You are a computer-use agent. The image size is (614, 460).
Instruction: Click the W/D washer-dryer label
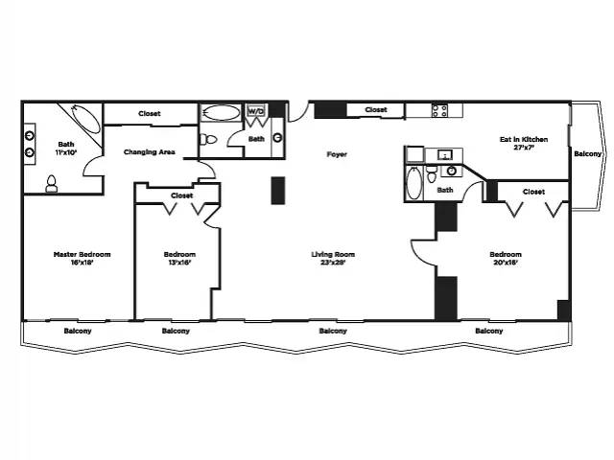click(256, 111)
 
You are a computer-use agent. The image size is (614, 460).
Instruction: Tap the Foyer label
click(337, 154)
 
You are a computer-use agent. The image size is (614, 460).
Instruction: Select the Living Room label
click(333, 254)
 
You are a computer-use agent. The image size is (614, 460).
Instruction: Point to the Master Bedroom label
click(82, 254)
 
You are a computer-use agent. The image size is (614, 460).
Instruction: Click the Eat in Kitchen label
click(524, 139)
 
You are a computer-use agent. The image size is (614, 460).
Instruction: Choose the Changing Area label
click(150, 152)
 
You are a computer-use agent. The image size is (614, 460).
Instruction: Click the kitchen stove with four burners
click(439, 110)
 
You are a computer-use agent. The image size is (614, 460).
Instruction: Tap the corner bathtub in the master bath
click(86, 119)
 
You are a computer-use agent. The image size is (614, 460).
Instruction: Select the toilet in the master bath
click(51, 184)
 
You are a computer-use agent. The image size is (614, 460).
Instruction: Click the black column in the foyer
click(278, 191)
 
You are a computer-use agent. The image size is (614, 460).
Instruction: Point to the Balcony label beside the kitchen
click(587, 153)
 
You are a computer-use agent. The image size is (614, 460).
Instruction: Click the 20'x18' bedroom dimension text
click(506, 263)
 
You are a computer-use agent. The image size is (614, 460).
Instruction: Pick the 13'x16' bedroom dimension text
click(179, 263)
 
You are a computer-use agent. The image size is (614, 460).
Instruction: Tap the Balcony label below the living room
click(333, 331)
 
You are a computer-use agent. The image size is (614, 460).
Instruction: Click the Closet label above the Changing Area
click(150, 113)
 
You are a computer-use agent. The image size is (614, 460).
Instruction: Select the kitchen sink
click(445, 155)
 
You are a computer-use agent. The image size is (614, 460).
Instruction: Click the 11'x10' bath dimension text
click(66, 152)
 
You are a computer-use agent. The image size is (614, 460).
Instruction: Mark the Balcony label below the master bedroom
click(78, 331)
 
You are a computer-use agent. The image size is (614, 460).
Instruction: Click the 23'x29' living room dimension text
click(333, 263)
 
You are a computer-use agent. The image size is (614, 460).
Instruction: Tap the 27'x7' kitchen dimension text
click(524, 148)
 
